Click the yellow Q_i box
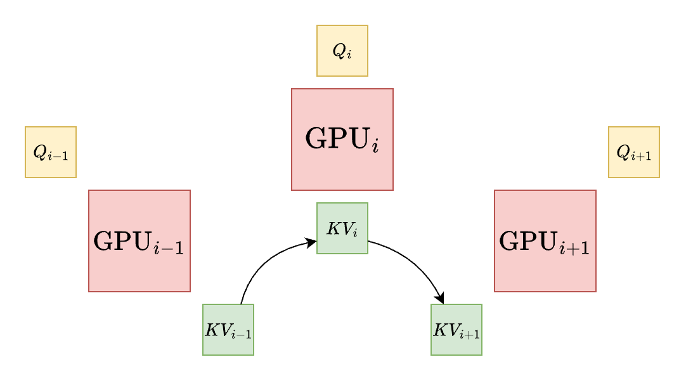(x=342, y=51)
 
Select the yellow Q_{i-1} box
(x=51, y=152)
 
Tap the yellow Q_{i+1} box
(x=634, y=152)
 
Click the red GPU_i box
(x=342, y=140)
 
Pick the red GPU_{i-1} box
(x=139, y=241)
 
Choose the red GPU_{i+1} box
(x=545, y=241)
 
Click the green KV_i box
(x=342, y=228)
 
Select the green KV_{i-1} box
(x=228, y=330)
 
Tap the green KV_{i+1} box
(x=456, y=330)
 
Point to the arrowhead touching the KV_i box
(x=311, y=242)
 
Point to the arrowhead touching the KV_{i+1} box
(x=439, y=299)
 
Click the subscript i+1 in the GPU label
(x=575, y=249)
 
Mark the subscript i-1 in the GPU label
(x=169, y=249)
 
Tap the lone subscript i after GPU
(x=375, y=147)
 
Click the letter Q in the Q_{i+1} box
(x=623, y=152)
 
